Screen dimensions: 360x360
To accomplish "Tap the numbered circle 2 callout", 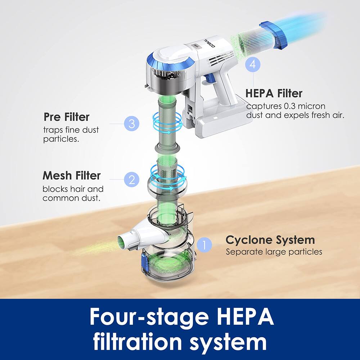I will tap(131, 179).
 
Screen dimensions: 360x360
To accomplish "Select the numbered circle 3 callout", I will tap(131, 124).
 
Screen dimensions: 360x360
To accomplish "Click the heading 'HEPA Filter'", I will tap(274, 93).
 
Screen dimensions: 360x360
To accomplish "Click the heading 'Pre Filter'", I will tap(66, 117).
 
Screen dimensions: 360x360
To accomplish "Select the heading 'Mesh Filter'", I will tap(71, 176).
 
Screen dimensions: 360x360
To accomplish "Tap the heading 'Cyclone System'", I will tap(270, 240).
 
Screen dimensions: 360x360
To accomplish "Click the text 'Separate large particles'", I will tap(274, 252).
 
